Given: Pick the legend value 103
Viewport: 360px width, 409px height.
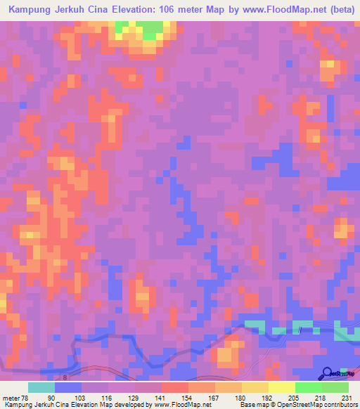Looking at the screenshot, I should point(82,398).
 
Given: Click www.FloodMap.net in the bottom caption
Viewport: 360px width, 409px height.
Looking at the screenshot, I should point(181,405).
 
